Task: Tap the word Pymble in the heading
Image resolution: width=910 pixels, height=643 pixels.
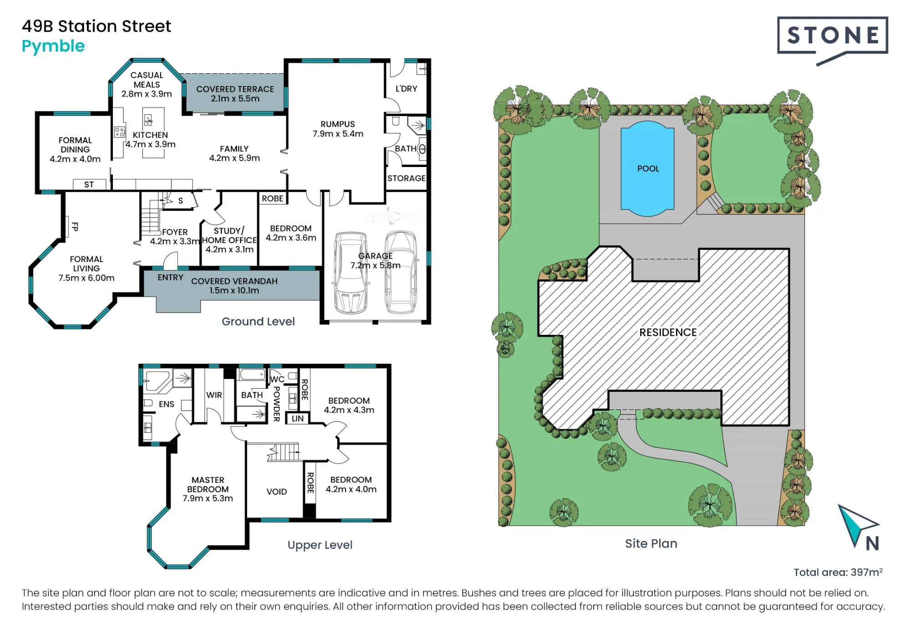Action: tap(53, 46)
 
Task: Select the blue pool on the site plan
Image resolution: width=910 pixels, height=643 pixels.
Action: tap(647, 168)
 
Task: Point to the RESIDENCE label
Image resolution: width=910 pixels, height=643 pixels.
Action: tap(668, 333)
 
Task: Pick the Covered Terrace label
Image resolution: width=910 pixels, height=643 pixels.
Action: tap(235, 94)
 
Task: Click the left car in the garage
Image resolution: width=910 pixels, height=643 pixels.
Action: tap(351, 273)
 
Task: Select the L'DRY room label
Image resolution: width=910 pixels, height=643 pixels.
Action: tap(406, 89)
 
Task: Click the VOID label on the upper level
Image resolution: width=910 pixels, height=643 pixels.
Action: tap(277, 492)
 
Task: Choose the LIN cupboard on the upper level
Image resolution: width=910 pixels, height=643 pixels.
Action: tap(298, 419)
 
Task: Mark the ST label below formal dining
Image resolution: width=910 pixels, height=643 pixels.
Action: tap(89, 185)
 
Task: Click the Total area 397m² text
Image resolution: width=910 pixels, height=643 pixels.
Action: tap(838, 572)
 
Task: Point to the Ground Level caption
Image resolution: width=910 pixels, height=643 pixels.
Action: tap(258, 322)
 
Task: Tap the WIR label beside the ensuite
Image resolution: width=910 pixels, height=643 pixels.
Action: tap(214, 395)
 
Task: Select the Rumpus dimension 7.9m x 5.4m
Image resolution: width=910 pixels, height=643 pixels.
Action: tap(338, 134)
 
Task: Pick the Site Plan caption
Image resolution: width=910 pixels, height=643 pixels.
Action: tap(651, 544)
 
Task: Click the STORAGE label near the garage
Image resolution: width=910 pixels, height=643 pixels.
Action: tap(406, 178)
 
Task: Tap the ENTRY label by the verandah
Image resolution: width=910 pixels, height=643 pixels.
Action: tap(171, 278)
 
